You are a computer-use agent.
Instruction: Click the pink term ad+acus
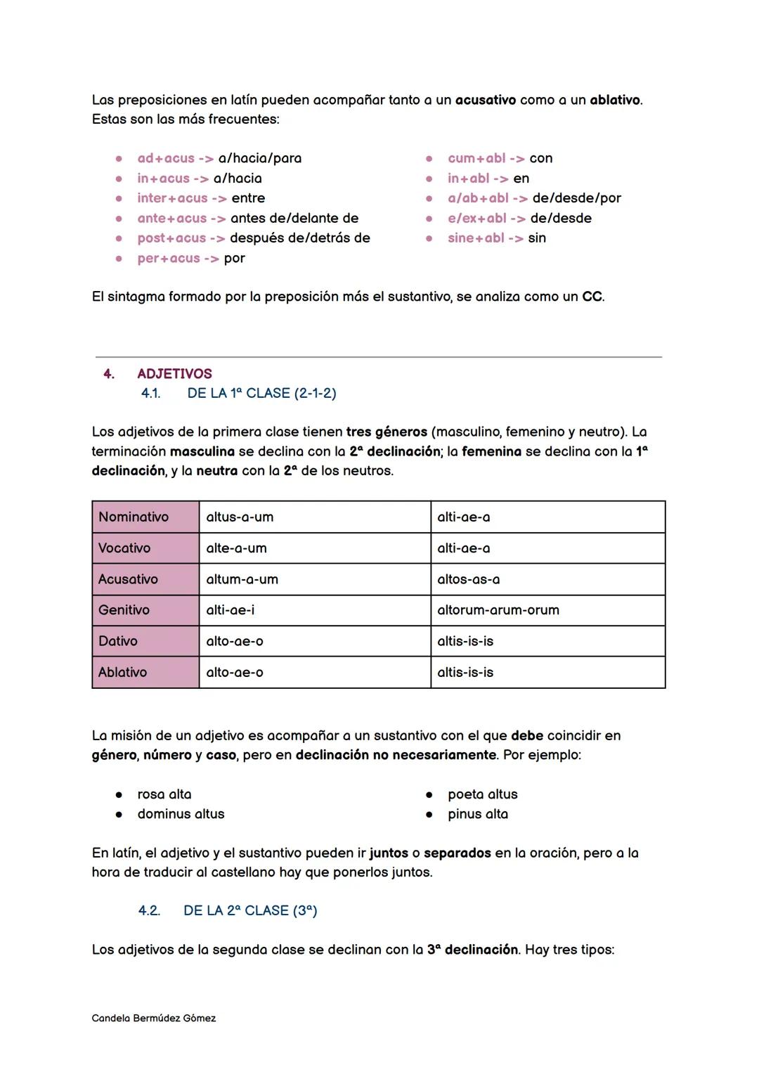pos(166,158)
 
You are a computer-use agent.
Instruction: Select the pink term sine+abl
pos(476,238)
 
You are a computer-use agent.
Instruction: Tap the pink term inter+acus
pos(172,198)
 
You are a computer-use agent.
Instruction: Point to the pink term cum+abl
pos(476,158)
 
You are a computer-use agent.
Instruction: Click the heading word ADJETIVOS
pos(174,374)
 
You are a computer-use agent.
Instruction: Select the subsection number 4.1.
pos(150,393)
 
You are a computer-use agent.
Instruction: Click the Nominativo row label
pos(134,517)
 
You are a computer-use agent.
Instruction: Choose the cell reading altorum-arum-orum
pos(498,610)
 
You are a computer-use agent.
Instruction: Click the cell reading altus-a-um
pos(240,517)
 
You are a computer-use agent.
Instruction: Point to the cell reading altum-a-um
pos(242,579)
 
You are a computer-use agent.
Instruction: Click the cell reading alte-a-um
pos(236,548)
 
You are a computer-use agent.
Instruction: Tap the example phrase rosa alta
pos(164,794)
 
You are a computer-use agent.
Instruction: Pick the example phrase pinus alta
pos(478,814)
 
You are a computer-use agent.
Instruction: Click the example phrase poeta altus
pos(483,794)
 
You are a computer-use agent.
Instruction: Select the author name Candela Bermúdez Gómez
pos(154,1018)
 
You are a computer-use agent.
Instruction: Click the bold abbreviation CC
pos(592,297)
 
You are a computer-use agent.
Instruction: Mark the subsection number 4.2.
pos(149,910)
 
